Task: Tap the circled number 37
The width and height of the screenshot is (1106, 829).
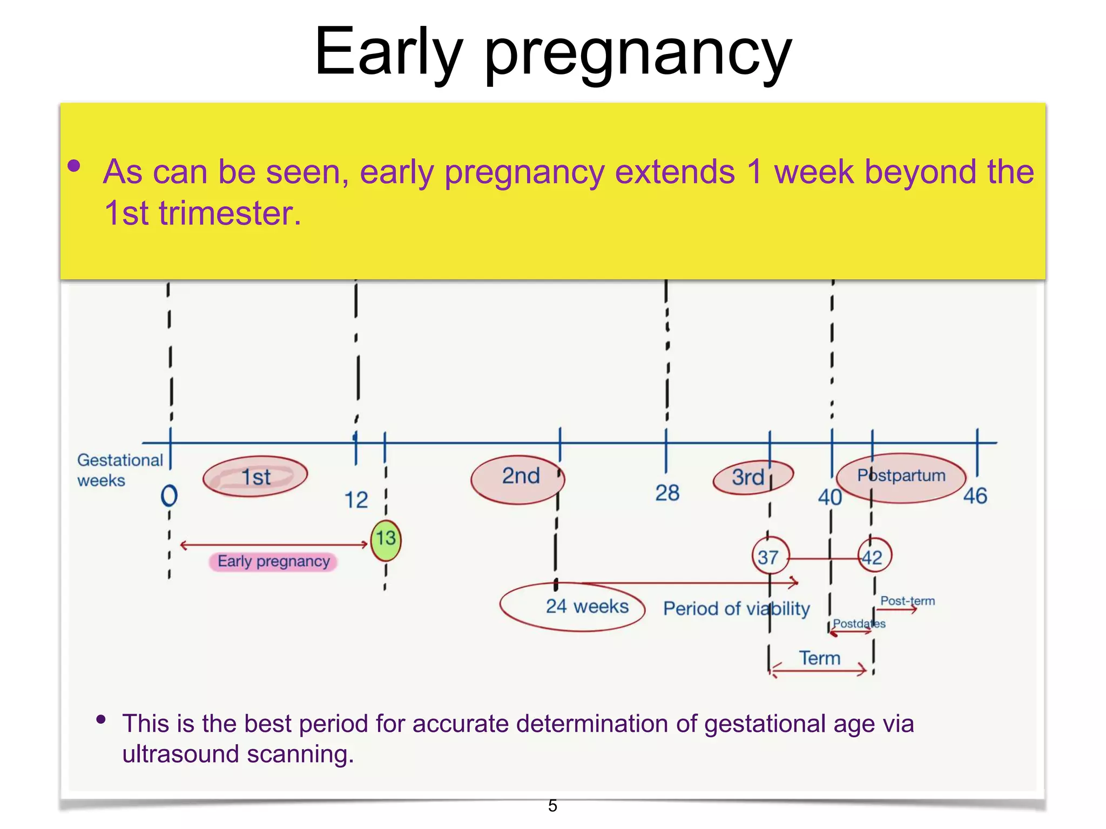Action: point(769,556)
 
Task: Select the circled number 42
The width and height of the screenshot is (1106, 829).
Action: point(873,556)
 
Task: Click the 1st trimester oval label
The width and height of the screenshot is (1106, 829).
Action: point(255,477)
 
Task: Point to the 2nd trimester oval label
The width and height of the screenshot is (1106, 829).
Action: point(518,478)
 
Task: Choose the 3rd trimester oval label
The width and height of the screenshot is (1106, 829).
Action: point(751,477)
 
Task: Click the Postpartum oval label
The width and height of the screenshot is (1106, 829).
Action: point(901,477)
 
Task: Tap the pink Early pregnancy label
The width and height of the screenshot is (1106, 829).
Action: point(273,562)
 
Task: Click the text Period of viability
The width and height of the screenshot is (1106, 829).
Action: point(736,609)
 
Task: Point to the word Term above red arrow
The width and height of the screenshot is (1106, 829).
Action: point(819,658)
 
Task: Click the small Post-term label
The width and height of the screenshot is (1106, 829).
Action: point(907,601)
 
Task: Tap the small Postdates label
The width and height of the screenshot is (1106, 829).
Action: point(858,624)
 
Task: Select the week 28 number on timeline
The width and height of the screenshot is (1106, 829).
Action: point(667,493)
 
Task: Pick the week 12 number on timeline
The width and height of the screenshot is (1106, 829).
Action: point(356,500)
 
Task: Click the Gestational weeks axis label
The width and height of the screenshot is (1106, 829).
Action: point(119,470)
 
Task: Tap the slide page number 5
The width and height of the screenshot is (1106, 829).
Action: point(552,806)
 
